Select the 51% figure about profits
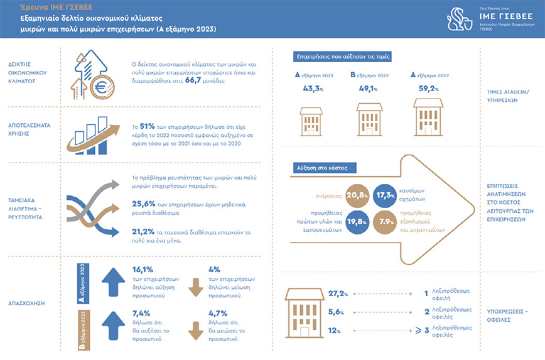[148, 126]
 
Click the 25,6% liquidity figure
[145, 204]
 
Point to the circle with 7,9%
[384, 221]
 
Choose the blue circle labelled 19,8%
[355, 221]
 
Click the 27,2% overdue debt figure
[338, 293]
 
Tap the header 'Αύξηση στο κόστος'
[325, 168]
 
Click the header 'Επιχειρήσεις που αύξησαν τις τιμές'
[344, 57]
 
